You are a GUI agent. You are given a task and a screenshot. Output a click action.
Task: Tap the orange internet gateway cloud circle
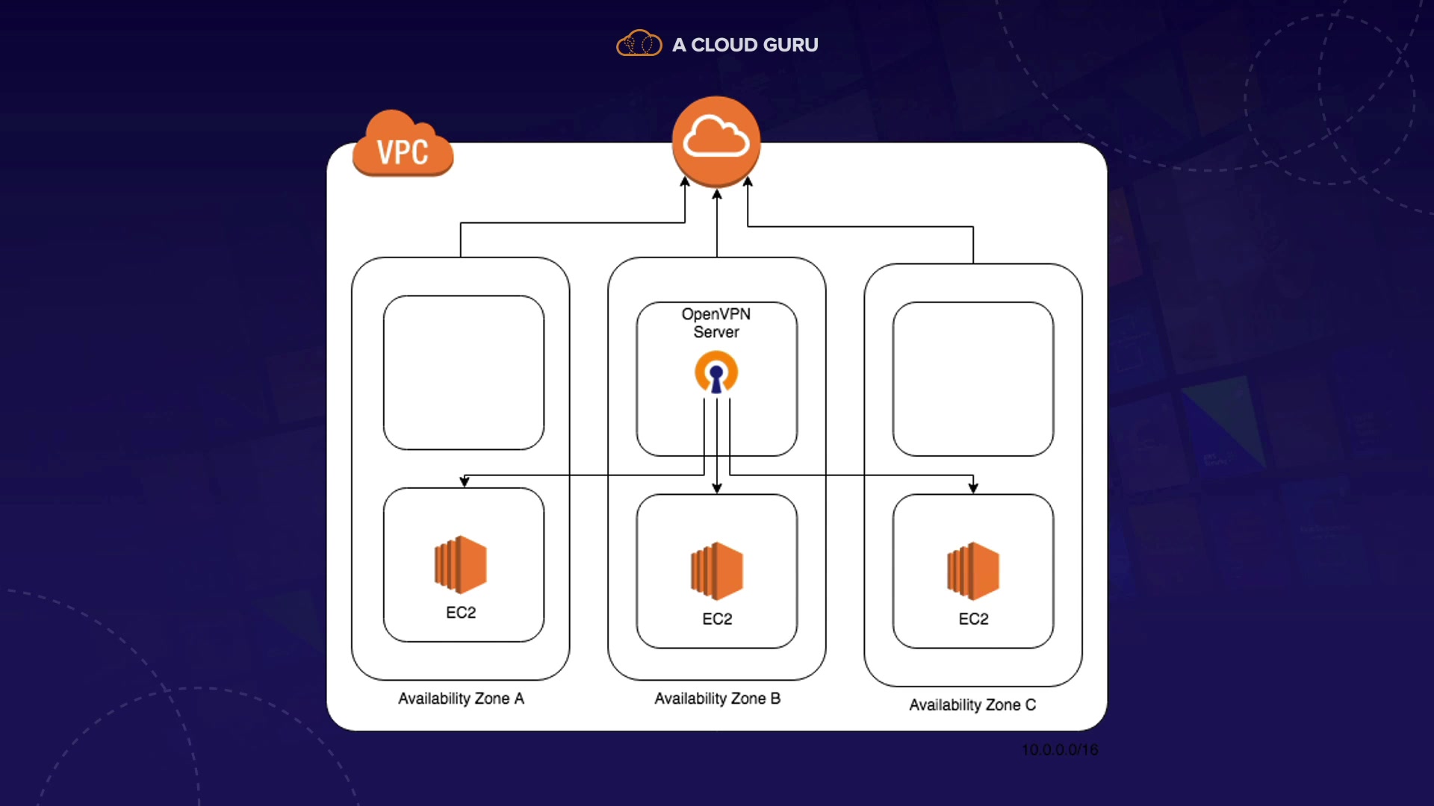716,141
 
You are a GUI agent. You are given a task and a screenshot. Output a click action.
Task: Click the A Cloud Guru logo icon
639,44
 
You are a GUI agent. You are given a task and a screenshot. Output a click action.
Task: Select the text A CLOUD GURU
745,45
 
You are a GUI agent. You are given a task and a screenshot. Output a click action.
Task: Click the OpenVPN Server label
716,323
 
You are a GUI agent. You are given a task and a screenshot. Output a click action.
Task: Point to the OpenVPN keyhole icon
716,372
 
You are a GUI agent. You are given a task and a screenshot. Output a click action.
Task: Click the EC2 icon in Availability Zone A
461,564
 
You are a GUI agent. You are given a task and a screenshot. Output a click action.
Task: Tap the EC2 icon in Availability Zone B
717,571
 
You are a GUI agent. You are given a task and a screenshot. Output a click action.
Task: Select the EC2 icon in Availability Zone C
973,571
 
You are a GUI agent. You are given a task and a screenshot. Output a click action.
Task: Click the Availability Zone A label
461,699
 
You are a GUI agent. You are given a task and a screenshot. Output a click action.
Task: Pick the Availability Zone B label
717,699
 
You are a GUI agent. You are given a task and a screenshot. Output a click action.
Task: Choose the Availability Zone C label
972,705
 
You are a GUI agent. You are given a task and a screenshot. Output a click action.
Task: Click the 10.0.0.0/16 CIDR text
1060,749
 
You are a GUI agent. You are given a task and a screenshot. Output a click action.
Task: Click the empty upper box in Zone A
464,372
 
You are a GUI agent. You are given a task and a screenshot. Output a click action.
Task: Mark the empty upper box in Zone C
973,379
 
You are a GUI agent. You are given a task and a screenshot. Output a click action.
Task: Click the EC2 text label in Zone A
461,613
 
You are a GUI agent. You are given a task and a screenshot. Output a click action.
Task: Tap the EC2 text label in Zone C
973,619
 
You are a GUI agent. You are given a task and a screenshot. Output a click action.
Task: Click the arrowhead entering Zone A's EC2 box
465,482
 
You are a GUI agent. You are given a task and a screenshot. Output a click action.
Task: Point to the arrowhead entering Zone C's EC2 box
973,487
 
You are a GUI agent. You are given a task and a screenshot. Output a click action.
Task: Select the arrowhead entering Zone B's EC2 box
717,488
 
